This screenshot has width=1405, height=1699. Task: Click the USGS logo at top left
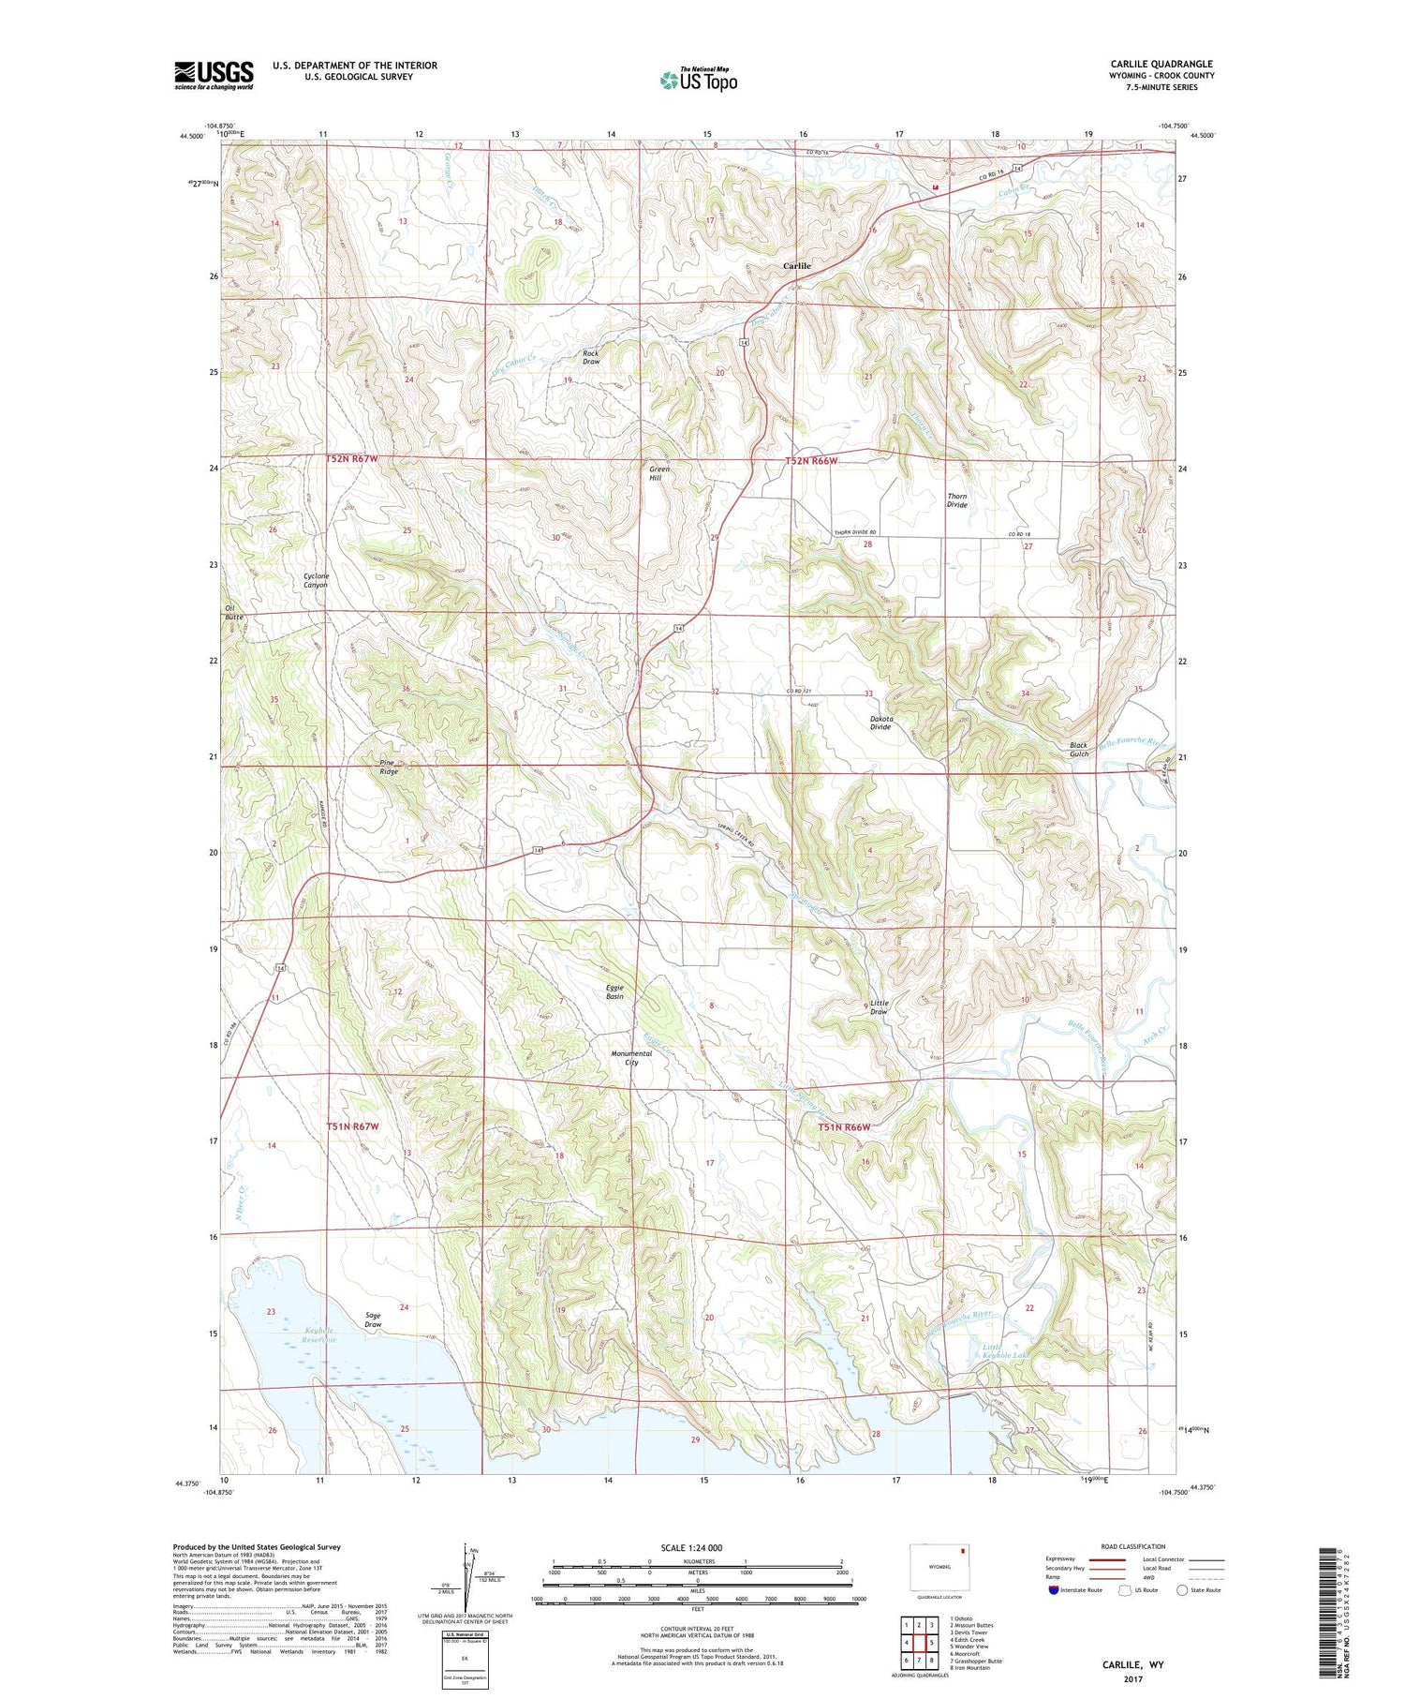click(x=214, y=75)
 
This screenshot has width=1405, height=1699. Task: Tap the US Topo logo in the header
click(x=699, y=80)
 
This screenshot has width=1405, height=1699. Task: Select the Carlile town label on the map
click(x=797, y=266)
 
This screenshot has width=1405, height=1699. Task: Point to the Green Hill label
click(x=659, y=473)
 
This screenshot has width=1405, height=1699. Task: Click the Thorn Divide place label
click(x=956, y=500)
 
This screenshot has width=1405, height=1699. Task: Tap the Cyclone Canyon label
click(x=316, y=580)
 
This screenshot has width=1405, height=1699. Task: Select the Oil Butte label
click(x=233, y=613)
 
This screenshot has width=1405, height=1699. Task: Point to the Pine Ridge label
click(x=389, y=767)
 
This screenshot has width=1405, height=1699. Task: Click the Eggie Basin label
click(x=614, y=991)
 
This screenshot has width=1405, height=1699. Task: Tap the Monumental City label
click(x=631, y=1058)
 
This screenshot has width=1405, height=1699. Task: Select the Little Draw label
click(x=879, y=1007)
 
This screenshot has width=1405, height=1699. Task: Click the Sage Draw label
click(x=373, y=1319)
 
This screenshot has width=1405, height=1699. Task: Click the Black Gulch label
click(x=1079, y=750)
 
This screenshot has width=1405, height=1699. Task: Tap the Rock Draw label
click(x=591, y=357)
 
